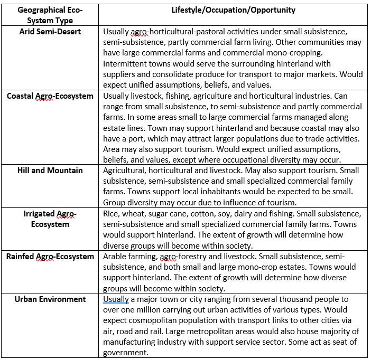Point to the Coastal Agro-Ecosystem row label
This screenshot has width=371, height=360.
pos(50,96)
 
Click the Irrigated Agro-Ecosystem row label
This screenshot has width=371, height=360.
pos(50,219)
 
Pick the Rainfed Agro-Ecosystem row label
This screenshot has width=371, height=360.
pos(50,257)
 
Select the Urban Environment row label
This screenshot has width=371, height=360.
pos(50,299)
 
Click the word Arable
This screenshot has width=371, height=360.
pos(116,257)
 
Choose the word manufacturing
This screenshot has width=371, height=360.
pos(130,343)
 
